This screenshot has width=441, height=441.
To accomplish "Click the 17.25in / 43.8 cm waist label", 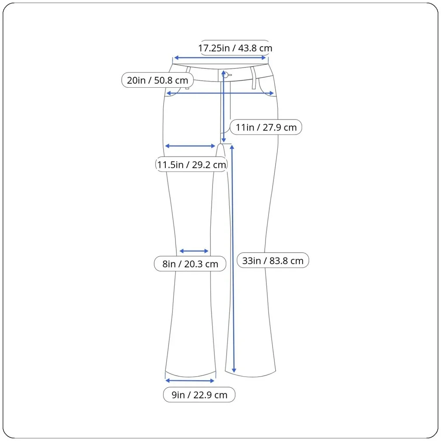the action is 235,48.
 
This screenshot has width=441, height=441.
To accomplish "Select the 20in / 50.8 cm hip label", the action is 157,80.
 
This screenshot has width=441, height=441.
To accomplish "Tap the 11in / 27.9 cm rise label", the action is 266,127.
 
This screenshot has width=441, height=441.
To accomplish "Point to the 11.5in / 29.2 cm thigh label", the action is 191,164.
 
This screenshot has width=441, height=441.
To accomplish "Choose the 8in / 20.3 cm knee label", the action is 190,264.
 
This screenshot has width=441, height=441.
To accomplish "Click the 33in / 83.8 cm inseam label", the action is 273,261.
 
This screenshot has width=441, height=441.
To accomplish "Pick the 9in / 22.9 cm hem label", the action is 199,395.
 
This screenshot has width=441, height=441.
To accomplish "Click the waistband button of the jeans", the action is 225,75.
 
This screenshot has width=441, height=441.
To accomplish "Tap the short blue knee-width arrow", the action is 194,251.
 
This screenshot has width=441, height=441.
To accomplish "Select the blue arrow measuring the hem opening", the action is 190,381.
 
